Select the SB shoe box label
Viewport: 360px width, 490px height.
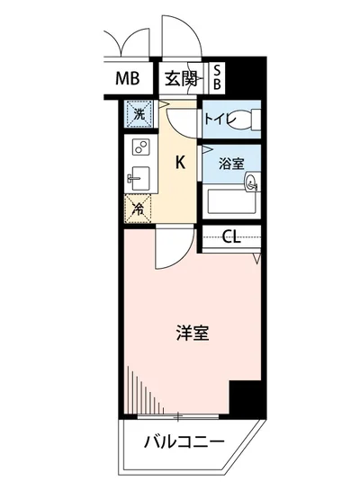pos(217,76)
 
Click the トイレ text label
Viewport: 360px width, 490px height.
pos(219,117)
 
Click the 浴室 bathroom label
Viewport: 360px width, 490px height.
pos(231,164)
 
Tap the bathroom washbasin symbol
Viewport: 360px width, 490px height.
pos(252,183)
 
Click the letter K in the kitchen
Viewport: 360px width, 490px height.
pos(179,163)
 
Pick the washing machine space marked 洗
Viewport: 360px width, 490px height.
pos(139,114)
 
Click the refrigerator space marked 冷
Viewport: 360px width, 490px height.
pos(139,209)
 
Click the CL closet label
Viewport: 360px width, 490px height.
pos(230,237)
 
